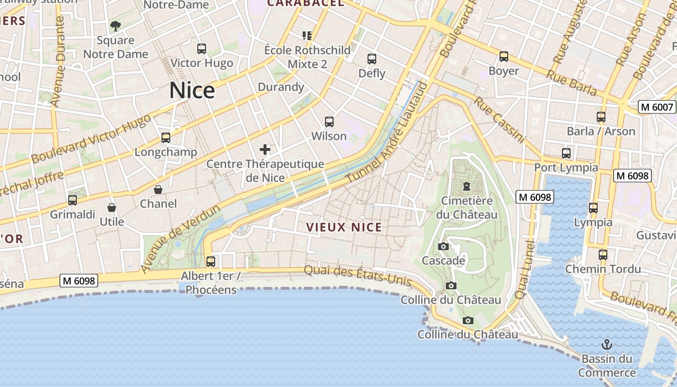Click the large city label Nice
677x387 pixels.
pyautogui.click(x=192, y=91)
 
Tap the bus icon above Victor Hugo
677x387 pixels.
pyautogui.click(x=202, y=48)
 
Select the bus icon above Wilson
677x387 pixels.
pyautogui.click(x=329, y=122)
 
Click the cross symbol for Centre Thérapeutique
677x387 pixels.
pyautogui.click(x=265, y=149)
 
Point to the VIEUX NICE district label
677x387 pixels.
pyautogui.click(x=344, y=227)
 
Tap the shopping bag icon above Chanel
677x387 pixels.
pyautogui.click(x=158, y=189)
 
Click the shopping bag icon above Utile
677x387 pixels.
pyautogui.click(x=112, y=208)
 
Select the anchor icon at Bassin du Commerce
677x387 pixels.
pyautogui.click(x=606, y=344)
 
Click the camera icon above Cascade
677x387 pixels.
pyautogui.click(x=443, y=247)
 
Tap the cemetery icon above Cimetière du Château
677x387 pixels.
pyautogui.click(x=467, y=186)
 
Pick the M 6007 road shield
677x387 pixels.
pyautogui.click(x=657, y=107)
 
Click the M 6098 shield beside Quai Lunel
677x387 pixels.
pyautogui.click(x=534, y=197)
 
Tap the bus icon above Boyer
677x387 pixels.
pyautogui.click(x=504, y=57)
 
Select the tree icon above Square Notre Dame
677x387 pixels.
pyautogui.click(x=115, y=26)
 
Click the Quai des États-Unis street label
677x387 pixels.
pyautogui.click(x=358, y=276)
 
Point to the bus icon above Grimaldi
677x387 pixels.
pyautogui.click(x=73, y=200)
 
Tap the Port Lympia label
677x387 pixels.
pyautogui.click(x=566, y=168)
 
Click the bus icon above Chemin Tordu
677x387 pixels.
pyautogui.click(x=603, y=254)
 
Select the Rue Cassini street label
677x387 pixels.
pyautogui.click(x=499, y=120)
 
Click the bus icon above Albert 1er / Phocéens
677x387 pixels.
pyautogui.click(x=211, y=262)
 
